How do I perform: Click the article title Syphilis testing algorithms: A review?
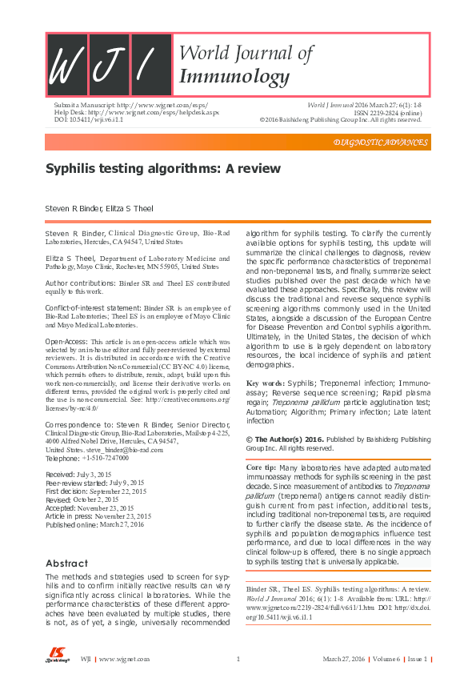(x=162, y=169)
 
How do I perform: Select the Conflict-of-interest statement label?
(x=94, y=307)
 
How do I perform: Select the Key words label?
(x=266, y=383)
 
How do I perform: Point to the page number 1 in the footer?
(x=238, y=659)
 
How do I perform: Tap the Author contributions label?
(x=86, y=283)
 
